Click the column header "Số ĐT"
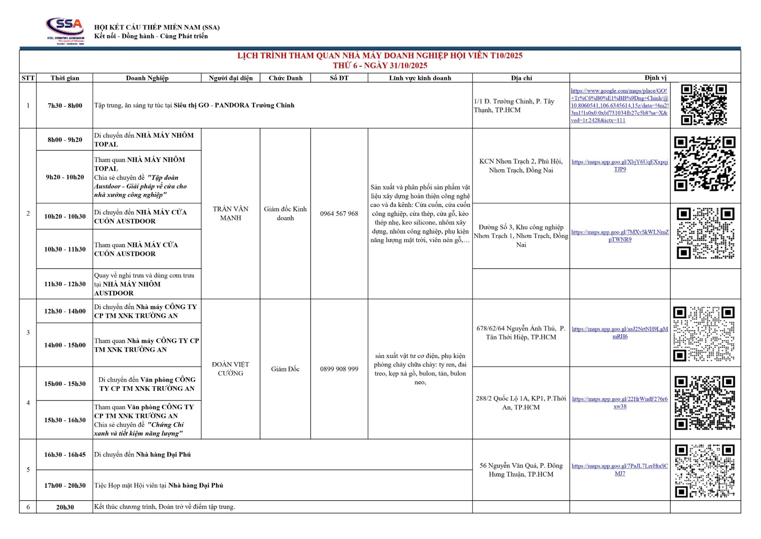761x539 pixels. [x=339, y=78]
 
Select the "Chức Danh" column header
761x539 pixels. [x=286, y=78]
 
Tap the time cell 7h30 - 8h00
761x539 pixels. [x=65, y=105]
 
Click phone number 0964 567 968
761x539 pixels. [x=339, y=214]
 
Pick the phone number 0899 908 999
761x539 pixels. [x=339, y=369]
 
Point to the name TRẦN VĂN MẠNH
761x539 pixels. [x=230, y=213]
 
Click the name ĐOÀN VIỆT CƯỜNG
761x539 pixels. [x=230, y=369]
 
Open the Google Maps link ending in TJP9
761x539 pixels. [x=620, y=166]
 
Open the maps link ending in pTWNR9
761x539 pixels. [x=620, y=236]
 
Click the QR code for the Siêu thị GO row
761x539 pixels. [x=704, y=105]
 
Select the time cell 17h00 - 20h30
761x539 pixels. [x=65, y=486]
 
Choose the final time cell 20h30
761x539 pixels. [x=65, y=507]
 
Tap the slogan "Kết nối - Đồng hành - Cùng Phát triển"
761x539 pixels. [x=151, y=36]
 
